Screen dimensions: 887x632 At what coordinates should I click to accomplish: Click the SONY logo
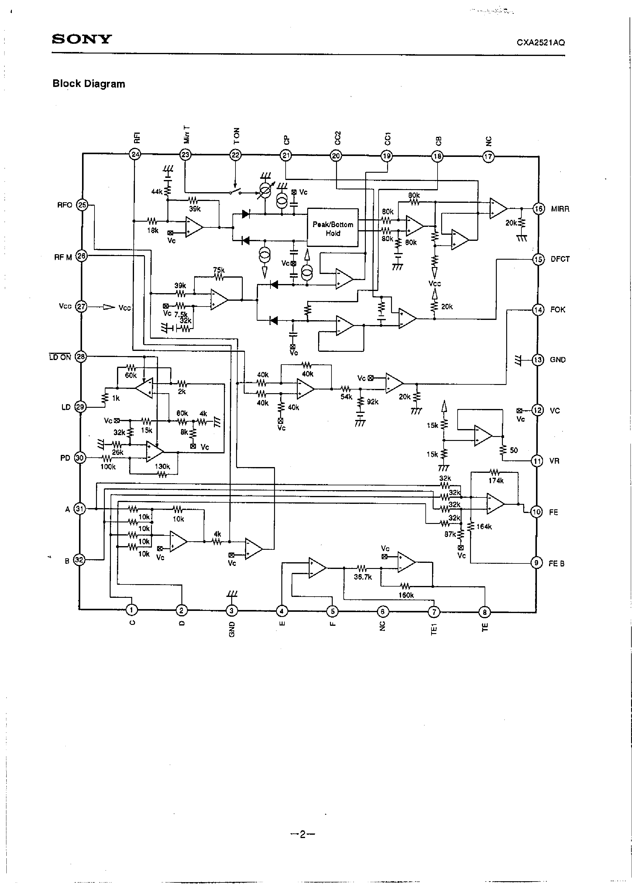(82, 39)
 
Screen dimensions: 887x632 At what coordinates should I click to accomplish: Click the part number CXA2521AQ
(540, 43)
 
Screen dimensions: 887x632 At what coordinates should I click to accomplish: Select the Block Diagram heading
(89, 84)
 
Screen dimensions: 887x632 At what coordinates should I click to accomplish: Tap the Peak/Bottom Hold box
(333, 228)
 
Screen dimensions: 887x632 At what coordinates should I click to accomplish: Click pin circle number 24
(135, 154)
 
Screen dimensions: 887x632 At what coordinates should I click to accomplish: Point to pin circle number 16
(538, 209)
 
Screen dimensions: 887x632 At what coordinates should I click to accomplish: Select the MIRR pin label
(560, 209)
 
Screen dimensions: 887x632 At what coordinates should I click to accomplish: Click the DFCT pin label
(560, 259)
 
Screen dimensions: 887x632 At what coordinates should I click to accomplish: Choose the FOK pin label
(557, 310)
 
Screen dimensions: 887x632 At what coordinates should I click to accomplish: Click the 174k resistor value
(496, 481)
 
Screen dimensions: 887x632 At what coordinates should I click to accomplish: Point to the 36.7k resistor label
(363, 577)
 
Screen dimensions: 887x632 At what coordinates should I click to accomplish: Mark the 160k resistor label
(406, 595)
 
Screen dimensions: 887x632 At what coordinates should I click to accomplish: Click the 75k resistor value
(219, 270)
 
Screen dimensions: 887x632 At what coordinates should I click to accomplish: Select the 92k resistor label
(373, 401)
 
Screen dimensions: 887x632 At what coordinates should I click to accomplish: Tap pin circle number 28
(81, 357)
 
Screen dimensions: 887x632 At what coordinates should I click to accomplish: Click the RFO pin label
(65, 205)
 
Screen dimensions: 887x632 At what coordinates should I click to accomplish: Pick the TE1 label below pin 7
(434, 629)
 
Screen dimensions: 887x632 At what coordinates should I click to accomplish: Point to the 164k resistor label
(484, 527)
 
